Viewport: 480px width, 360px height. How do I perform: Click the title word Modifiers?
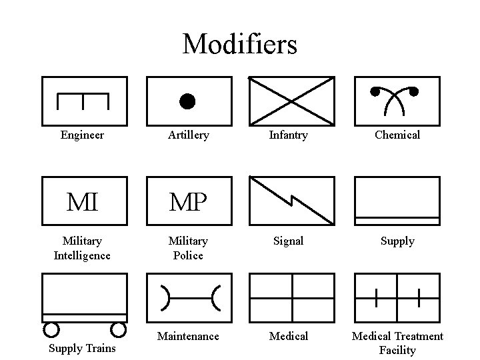[x=239, y=45]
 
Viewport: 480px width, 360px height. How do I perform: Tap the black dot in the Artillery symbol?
[x=187, y=101]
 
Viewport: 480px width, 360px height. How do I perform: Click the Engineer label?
[x=82, y=135]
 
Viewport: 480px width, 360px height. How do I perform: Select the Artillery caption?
[x=188, y=135]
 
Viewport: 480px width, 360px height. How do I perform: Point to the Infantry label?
[x=288, y=135]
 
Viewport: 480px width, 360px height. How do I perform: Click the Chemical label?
[x=397, y=135]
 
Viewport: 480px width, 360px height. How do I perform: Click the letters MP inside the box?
[x=188, y=201]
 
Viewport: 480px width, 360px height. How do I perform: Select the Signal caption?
[x=288, y=241]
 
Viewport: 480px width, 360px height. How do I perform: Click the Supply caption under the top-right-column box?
[x=397, y=241]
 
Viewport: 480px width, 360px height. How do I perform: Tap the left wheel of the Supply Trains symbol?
[x=51, y=329]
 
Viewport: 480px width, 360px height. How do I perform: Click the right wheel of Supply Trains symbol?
[x=118, y=329]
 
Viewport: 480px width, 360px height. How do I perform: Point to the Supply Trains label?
[x=82, y=349]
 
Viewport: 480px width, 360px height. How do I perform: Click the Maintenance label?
[x=188, y=336]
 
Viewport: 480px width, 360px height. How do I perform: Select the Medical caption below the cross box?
[x=288, y=336]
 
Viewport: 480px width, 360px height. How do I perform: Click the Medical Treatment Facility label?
[x=397, y=343]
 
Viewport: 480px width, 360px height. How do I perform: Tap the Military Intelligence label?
[x=82, y=248]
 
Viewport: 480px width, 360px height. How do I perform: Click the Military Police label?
[x=188, y=248]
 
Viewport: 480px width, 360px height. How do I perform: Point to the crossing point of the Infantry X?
[x=291, y=101]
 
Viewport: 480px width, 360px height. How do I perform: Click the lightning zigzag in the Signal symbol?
[x=292, y=199]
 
